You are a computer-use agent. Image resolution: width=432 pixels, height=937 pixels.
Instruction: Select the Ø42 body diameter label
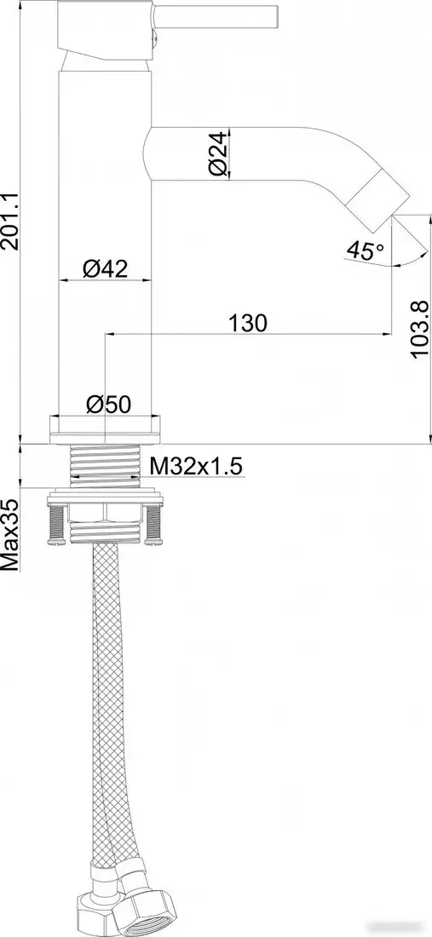coord(105,268)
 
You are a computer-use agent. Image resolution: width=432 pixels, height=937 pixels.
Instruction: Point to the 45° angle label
coord(365,250)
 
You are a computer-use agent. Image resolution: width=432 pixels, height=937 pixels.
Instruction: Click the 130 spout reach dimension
coord(248,323)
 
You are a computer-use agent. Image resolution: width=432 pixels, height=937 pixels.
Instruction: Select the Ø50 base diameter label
coord(107,405)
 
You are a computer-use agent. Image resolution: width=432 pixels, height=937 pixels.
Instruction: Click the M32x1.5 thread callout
coord(197,466)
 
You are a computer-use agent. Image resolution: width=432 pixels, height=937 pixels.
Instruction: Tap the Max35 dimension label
coord(11,534)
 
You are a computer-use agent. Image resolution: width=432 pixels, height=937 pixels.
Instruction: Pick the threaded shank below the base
coord(105,466)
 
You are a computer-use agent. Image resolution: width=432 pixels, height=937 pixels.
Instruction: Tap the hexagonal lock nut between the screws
coord(106,511)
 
